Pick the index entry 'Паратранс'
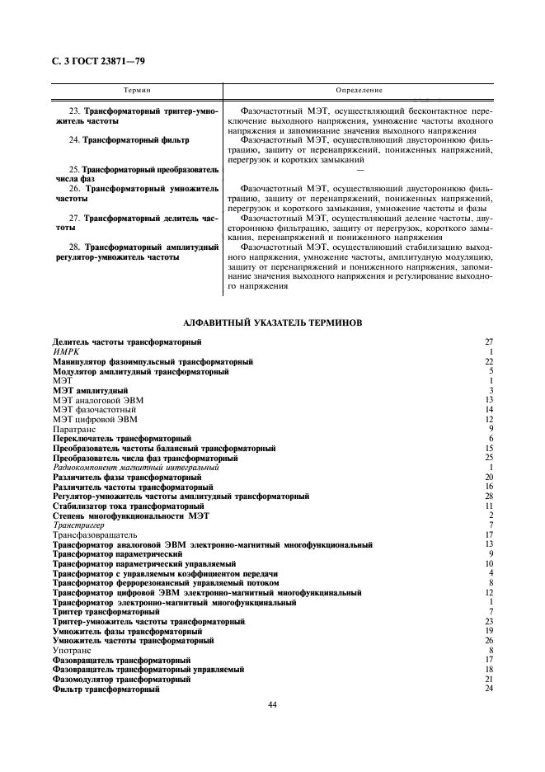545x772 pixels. coord(74,429)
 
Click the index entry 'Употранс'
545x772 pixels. coord(72,651)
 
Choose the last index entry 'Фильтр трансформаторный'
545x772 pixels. coord(106,690)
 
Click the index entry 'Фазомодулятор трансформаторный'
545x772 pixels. coord(121,680)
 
